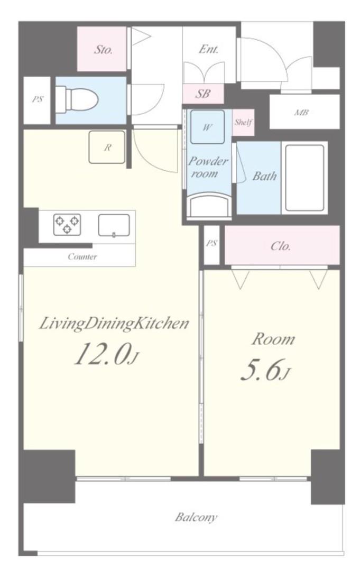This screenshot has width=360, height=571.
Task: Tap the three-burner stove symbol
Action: point(67,224)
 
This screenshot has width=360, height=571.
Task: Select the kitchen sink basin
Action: point(114,225)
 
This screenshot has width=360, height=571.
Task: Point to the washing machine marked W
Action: point(207,127)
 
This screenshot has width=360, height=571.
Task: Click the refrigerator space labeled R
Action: point(107,147)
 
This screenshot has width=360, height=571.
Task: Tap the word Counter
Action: point(82,257)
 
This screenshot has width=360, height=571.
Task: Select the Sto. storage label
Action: point(103,50)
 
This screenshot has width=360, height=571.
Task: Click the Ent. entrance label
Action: point(209,49)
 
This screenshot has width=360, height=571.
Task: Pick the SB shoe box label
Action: point(203,94)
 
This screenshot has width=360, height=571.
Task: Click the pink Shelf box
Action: point(243,122)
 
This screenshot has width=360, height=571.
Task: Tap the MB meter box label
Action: point(301,112)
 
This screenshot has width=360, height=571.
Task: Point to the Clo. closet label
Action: point(281,246)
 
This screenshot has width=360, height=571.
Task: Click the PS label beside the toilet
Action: point(37,99)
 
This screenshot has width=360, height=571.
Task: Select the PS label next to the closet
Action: point(211,243)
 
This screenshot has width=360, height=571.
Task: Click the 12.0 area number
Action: point(102,354)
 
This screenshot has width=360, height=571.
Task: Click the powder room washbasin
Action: point(209,206)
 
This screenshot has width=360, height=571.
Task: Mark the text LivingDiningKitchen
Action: point(114,324)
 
